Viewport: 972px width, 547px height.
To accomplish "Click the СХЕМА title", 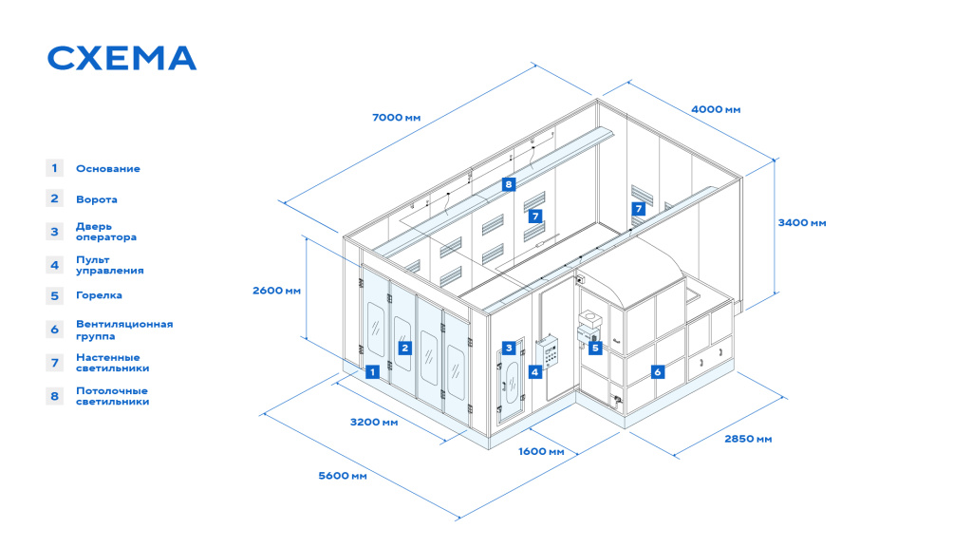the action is [122, 58].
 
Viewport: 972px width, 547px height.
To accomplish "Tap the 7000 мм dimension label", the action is [396, 117].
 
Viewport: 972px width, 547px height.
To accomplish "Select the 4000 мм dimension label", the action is [716, 109].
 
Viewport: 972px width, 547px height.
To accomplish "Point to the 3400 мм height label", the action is [802, 222].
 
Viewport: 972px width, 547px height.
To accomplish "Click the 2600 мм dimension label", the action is [276, 291].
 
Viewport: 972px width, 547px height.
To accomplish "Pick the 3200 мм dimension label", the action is [374, 422].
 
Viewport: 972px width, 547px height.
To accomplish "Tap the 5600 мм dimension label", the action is [342, 476].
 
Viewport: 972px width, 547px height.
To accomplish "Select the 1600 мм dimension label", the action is [541, 451].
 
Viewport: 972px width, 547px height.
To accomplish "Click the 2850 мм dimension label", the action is [748, 439].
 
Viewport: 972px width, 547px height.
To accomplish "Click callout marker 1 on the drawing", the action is [372, 371].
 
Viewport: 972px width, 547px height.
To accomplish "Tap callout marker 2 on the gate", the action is [404, 348].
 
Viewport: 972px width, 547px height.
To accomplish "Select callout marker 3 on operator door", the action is [509, 348].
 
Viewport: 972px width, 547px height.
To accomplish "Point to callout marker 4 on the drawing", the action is [535, 371].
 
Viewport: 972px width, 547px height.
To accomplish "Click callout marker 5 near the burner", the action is [595, 348].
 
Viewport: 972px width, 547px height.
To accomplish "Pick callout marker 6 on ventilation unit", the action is [658, 371].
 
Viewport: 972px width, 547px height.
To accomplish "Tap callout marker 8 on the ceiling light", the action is [509, 184].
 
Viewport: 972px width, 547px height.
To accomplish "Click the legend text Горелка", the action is [99, 295].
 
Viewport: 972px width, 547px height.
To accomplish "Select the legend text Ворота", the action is [97, 199].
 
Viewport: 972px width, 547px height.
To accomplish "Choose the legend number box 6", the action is [54, 330].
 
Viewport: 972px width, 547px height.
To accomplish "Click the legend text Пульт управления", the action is [110, 265].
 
